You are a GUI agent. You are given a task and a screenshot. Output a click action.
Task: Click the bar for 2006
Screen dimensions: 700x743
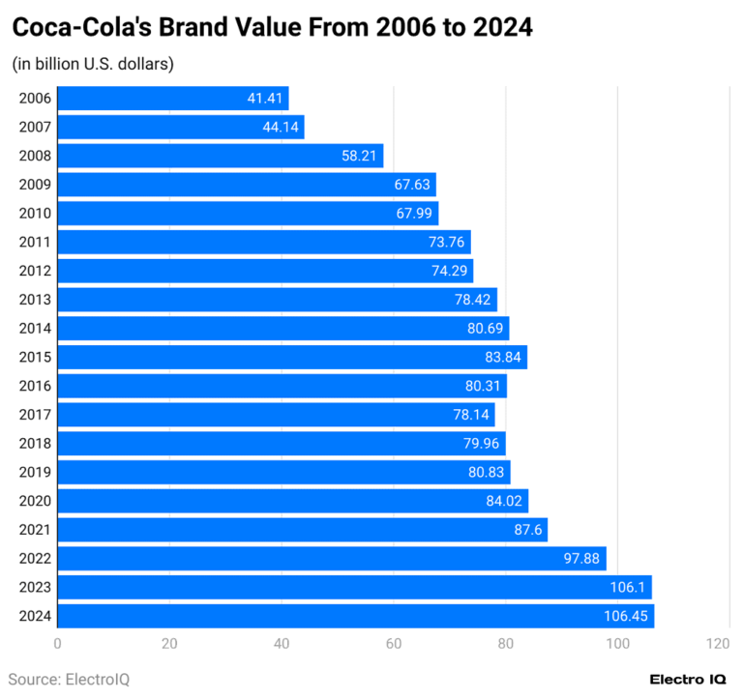point(173,98)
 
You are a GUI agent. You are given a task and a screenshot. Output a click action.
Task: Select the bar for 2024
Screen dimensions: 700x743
point(356,616)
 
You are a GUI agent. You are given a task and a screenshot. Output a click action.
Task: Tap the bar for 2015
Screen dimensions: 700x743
point(292,357)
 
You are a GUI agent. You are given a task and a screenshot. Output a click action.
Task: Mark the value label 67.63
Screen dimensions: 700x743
point(411,185)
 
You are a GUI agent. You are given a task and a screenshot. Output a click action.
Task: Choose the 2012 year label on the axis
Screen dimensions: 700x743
point(35,271)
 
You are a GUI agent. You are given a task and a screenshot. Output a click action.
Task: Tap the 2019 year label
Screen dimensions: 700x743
point(35,472)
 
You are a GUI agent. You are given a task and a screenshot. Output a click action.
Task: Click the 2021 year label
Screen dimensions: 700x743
point(35,530)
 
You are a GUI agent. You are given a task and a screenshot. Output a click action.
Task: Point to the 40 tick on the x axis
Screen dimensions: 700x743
point(282,644)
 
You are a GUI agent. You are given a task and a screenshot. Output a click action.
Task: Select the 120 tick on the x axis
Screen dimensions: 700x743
point(717,644)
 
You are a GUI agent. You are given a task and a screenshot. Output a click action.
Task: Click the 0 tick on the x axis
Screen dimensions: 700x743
point(58,644)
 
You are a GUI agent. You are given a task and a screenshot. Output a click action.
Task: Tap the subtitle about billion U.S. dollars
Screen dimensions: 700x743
point(93,65)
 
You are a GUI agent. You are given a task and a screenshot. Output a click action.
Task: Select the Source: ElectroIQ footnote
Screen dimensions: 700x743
point(69,679)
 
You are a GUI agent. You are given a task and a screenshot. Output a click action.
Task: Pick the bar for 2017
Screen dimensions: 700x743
point(276,415)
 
